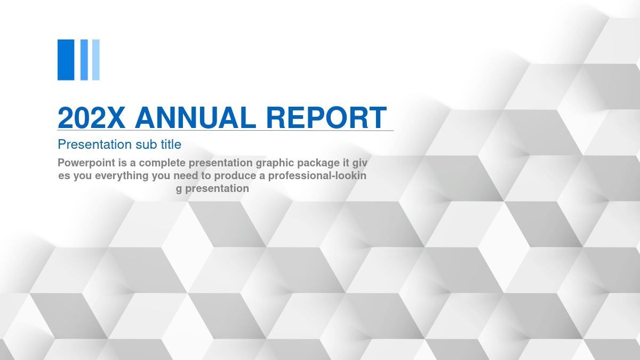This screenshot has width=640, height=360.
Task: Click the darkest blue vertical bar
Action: (66, 60)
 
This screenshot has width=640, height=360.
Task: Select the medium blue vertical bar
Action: (84, 60)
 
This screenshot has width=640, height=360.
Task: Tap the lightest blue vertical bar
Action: (96, 60)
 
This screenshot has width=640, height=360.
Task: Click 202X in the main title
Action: (91, 117)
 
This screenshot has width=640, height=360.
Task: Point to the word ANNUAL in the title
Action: (195, 117)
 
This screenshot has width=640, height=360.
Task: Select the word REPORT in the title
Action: (326, 117)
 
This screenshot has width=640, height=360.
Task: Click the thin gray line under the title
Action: (226, 131)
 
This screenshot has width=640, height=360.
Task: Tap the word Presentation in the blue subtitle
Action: (95, 145)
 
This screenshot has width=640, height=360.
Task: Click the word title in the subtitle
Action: (171, 145)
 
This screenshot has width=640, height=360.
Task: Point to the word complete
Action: (162, 163)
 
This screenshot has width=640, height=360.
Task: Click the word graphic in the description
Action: (275, 163)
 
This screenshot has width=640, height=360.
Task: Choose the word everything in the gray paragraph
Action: (122, 176)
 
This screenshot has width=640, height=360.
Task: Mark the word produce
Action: (234, 176)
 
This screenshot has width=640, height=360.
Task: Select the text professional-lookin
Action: (317, 176)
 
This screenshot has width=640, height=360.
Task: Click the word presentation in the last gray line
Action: (217, 189)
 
